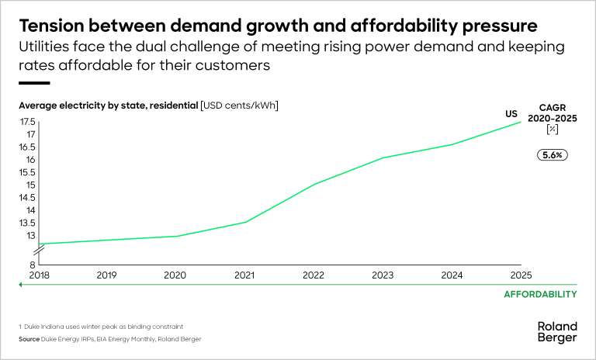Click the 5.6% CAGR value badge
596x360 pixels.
click(553, 154)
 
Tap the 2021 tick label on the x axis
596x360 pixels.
click(244, 275)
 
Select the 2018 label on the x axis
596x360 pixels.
click(38, 275)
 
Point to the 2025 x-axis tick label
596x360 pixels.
click(521, 275)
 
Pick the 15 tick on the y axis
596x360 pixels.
click(31, 185)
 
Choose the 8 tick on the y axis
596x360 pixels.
click(33, 264)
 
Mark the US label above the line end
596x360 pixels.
click(511, 114)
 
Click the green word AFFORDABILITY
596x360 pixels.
click(540, 294)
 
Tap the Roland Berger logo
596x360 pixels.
click(557, 333)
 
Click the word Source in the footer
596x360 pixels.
click(29, 340)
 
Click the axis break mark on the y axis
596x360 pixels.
click(38, 250)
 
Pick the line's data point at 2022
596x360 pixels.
click(313, 185)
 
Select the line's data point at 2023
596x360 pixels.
click(383, 157)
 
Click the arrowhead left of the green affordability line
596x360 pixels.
click(22, 286)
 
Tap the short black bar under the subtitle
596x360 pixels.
click(34, 83)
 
